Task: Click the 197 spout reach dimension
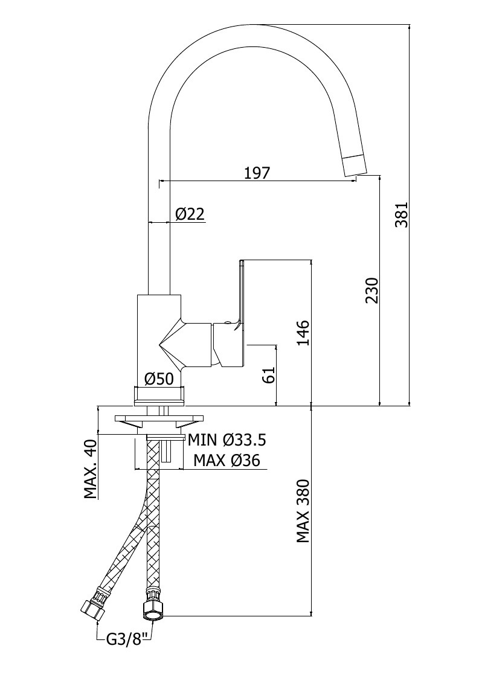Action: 257,173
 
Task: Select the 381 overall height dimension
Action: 401,215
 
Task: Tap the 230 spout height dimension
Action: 371,290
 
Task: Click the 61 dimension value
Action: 269,374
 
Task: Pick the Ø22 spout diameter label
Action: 190,214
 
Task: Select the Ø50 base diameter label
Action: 159,379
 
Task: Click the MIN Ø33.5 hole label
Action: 227,440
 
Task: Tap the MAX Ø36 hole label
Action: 227,460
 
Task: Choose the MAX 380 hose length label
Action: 303,511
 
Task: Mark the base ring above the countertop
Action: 159,397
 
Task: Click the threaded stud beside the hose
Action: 167,450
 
